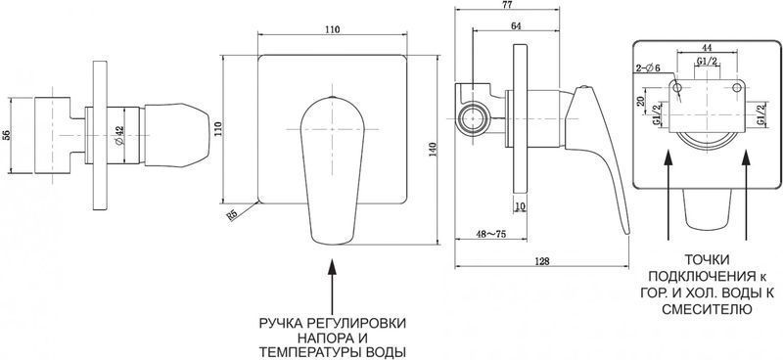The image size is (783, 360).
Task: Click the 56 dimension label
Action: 6,135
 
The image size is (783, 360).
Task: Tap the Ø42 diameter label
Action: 119,135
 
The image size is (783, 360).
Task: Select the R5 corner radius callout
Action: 231,214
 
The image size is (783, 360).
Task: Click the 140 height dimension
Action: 433,150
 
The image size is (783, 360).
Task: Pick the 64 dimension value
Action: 516,26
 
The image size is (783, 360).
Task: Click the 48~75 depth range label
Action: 491,234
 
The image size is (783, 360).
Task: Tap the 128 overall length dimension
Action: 542,261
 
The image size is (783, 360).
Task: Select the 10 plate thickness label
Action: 520,205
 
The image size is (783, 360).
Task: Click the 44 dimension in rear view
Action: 707,48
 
